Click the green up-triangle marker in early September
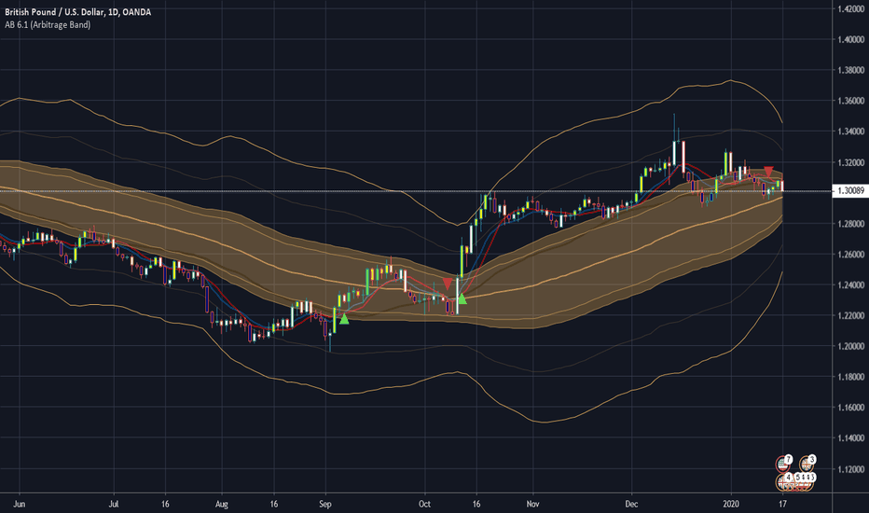pyautogui.click(x=343, y=319)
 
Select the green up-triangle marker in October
pyautogui.click(x=461, y=299)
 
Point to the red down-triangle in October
pyautogui.click(x=448, y=283)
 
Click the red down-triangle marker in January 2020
pyautogui.click(x=768, y=172)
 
